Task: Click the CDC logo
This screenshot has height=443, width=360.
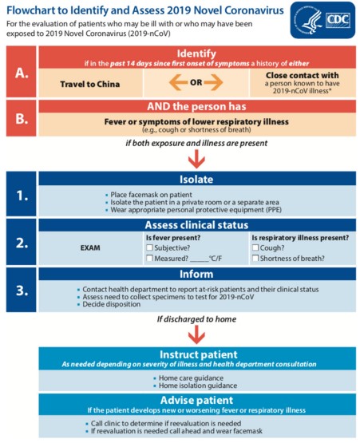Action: point(322,20)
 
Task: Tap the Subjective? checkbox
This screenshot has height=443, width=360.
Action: point(149,247)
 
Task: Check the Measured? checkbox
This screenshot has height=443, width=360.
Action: point(149,258)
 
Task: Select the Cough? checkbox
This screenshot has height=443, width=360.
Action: point(255,247)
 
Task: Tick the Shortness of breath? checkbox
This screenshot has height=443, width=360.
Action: point(255,258)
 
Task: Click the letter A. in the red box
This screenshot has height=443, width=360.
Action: point(22,73)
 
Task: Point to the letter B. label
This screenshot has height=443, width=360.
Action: point(22,119)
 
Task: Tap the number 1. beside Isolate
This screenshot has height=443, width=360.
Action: point(22,196)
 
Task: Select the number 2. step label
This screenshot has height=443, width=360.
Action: point(22,243)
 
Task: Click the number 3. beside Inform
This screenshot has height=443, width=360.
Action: point(22,291)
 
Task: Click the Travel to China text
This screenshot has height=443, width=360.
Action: point(90,84)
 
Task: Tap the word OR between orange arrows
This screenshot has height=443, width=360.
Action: point(196,82)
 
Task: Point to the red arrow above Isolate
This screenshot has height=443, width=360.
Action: point(196,159)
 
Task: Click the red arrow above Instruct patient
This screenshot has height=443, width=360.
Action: point(196,334)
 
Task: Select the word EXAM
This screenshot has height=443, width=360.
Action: point(90,247)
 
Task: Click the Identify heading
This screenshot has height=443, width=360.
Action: point(196,53)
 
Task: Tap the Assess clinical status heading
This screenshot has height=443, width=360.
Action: point(196,225)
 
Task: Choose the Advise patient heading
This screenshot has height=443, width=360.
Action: point(196,400)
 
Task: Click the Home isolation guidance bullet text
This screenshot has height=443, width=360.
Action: point(198,386)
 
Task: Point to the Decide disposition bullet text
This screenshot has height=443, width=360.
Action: point(111,304)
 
